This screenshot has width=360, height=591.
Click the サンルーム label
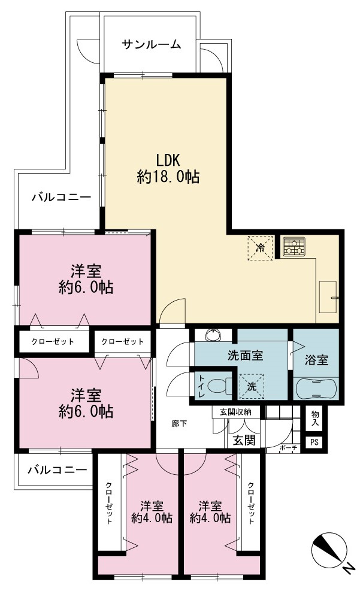151,44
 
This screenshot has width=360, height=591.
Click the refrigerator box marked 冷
260,248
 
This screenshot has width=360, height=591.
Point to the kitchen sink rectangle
328,296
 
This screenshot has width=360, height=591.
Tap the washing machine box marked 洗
252,386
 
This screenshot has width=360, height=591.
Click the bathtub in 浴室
316,388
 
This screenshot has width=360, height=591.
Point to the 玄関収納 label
235,411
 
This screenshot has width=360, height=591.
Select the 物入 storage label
315,419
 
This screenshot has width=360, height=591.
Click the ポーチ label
289,448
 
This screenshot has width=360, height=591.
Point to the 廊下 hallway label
179,423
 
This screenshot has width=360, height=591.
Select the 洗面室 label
246,356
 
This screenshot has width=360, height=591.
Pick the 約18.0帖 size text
168,177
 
